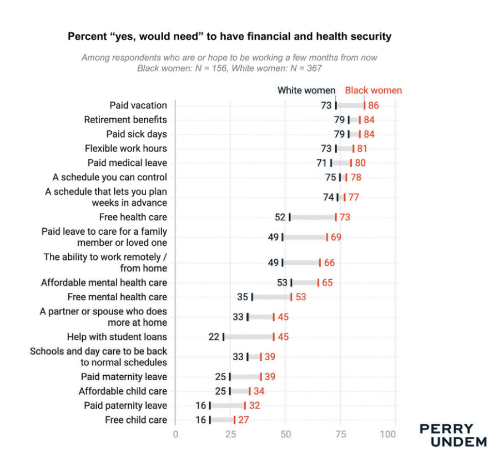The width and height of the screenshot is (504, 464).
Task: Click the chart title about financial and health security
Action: (x=229, y=37)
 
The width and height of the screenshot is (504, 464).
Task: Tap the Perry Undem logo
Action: (x=453, y=435)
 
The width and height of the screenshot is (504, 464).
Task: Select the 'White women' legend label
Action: (x=306, y=90)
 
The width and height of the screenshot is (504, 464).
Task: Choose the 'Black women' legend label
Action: (x=373, y=90)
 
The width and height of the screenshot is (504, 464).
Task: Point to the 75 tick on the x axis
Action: (x=340, y=434)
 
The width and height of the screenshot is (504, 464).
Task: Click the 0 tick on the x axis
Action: (x=175, y=434)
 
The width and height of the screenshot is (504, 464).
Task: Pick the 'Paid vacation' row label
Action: (x=138, y=105)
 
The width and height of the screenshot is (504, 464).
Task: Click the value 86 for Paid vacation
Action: (x=375, y=105)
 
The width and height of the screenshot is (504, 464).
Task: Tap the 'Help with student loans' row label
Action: (x=117, y=337)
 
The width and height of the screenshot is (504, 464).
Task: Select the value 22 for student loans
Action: (x=214, y=337)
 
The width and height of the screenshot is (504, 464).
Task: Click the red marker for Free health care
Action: (x=335, y=217)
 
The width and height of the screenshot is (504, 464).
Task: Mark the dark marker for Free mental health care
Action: (x=252, y=297)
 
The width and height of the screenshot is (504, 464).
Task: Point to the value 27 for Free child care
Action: (x=244, y=420)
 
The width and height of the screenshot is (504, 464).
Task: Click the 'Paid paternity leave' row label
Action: (x=125, y=406)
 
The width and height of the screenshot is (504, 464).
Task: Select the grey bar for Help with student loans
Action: (x=248, y=337)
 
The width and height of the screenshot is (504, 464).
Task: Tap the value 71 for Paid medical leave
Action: (x=321, y=163)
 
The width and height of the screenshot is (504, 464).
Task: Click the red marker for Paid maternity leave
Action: (x=260, y=377)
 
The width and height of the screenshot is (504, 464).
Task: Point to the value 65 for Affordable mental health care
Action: (x=327, y=283)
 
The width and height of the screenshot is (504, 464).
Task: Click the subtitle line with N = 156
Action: (x=229, y=68)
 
